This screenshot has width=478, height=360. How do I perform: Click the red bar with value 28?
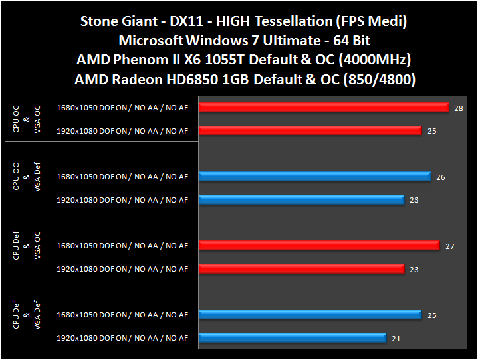point(324,107)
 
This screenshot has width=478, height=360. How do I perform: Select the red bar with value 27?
point(319,246)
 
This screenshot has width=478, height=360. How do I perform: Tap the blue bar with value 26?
point(314,177)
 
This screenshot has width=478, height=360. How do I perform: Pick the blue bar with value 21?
point(293,338)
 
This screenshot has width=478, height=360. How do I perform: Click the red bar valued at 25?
point(310,130)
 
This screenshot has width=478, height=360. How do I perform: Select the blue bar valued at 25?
point(310,315)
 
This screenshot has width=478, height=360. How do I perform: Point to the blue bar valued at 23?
point(301,199)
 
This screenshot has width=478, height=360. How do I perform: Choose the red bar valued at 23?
point(301,269)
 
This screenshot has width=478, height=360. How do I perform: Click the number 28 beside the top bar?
point(459,108)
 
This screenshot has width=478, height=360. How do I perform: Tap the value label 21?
point(396,339)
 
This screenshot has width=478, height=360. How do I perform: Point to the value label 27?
point(449,246)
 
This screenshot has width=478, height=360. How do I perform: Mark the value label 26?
point(441,177)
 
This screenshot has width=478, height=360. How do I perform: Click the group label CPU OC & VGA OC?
point(26,117)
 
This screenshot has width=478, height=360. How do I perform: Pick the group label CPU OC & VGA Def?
point(26,176)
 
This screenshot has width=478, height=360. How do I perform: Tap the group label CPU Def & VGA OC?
point(26,245)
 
